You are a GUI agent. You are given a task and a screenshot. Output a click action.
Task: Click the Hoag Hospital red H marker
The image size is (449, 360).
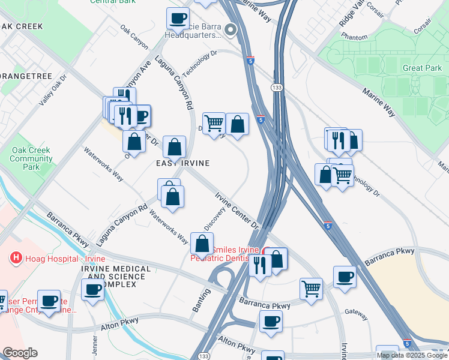(16, 258)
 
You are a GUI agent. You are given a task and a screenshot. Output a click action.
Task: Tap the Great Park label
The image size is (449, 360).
(422, 68)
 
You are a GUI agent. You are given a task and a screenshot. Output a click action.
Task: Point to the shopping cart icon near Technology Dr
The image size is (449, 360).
(342, 175)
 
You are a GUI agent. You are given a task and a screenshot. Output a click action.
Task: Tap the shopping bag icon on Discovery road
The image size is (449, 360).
(202, 243)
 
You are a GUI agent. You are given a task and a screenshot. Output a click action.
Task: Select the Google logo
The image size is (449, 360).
(20, 353)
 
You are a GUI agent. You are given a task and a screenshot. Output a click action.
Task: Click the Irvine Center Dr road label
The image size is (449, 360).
(237, 210)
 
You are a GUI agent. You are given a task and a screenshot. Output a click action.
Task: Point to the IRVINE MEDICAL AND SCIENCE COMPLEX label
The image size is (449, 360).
(113, 277)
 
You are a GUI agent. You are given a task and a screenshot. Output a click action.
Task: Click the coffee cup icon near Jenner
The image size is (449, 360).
(93, 290)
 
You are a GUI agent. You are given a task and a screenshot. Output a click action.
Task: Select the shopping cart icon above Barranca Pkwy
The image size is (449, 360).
(311, 289)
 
